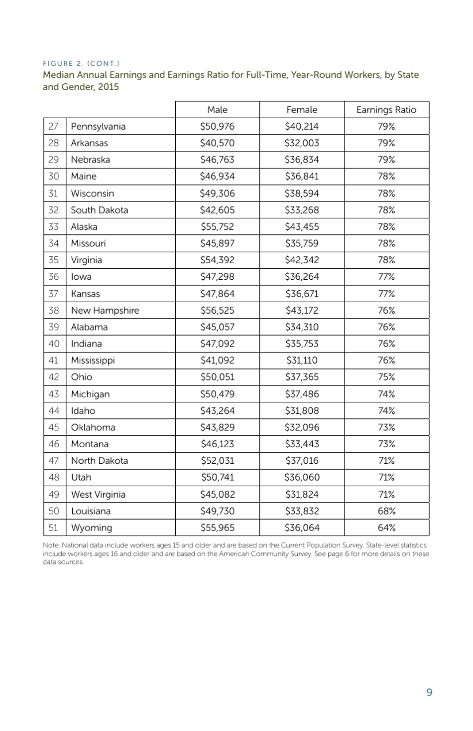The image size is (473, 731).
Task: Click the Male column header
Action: click(217, 110)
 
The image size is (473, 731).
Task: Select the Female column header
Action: click(302, 110)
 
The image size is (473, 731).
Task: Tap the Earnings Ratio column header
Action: click(386, 110)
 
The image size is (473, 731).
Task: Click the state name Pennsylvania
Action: click(98, 126)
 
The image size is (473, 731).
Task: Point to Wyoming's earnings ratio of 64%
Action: click(386, 528)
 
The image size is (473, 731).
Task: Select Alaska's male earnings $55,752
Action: click(217, 226)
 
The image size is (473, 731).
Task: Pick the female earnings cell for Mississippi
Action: click(302, 360)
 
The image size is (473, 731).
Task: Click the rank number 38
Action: click(54, 310)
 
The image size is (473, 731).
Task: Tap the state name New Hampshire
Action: click(105, 310)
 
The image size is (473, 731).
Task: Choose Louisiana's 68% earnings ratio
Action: click(386, 511)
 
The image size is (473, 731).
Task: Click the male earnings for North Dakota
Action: click(217, 461)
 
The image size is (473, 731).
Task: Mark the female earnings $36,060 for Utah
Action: click(302, 477)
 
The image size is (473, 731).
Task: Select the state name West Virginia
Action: click(98, 494)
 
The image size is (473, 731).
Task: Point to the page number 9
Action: click(429, 692)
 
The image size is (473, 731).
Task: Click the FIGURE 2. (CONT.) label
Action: click(81, 63)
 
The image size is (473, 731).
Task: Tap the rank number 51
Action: click(54, 528)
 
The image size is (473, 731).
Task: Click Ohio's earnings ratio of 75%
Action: click(386, 377)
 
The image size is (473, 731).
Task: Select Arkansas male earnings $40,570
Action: click(217, 143)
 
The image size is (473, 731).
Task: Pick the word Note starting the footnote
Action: click(51, 545)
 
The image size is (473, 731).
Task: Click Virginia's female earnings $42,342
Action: click(302, 260)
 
